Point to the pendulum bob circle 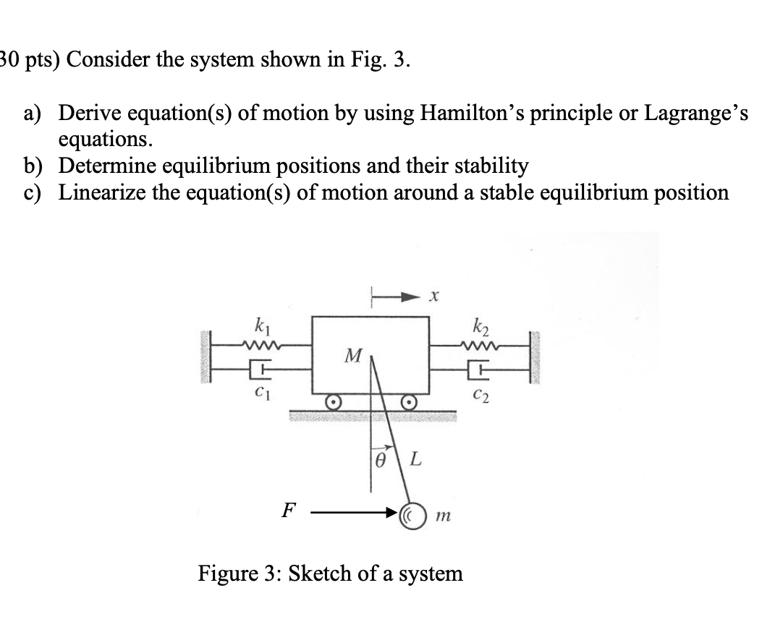click(x=413, y=516)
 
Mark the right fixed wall click(x=536, y=358)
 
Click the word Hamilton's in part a click(x=494, y=114)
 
